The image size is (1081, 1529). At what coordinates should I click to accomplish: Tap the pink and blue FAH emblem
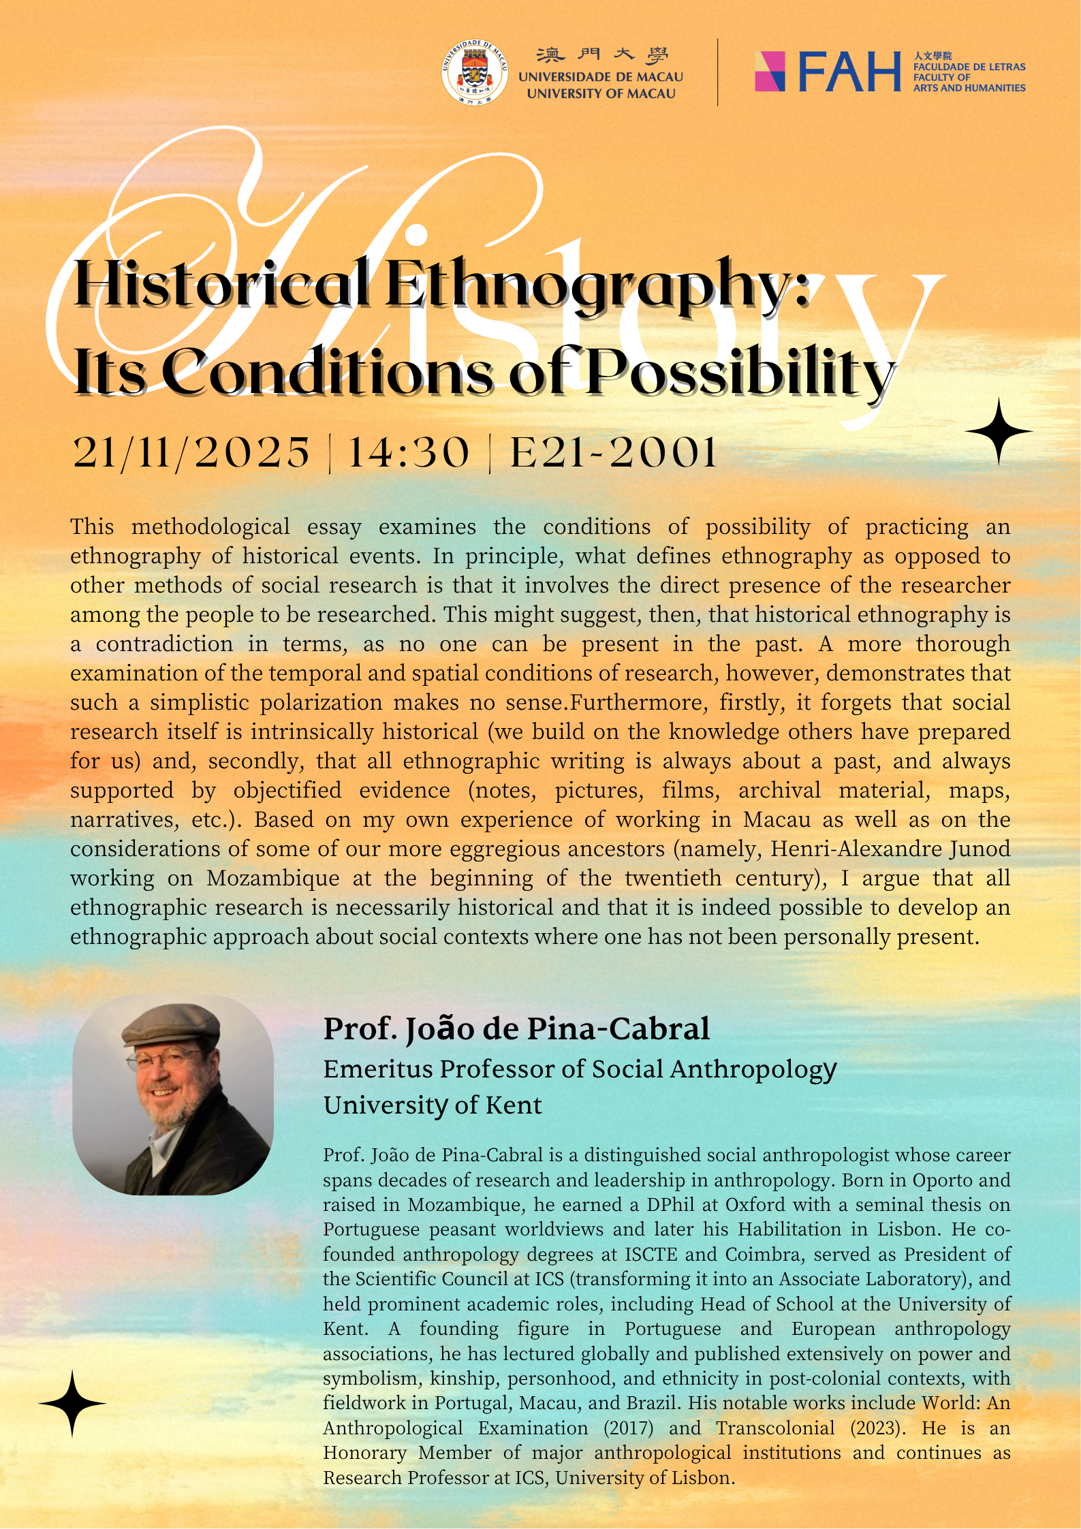(x=770, y=72)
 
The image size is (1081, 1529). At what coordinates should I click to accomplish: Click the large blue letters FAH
(x=849, y=72)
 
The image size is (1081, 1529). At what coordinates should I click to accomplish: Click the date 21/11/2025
(x=191, y=452)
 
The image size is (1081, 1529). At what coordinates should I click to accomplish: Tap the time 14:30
(x=409, y=452)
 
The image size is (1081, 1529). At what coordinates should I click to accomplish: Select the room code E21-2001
(x=614, y=452)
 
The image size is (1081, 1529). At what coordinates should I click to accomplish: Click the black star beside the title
(x=998, y=432)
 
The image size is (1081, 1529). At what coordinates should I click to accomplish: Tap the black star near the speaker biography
(x=72, y=1404)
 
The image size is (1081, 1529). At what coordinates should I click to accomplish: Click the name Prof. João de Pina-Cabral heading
(x=516, y=1028)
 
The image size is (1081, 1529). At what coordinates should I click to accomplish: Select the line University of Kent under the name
(x=433, y=1105)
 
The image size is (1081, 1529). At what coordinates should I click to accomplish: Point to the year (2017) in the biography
(x=628, y=1428)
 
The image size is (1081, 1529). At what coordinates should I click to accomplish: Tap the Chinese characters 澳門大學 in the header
(x=601, y=55)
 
